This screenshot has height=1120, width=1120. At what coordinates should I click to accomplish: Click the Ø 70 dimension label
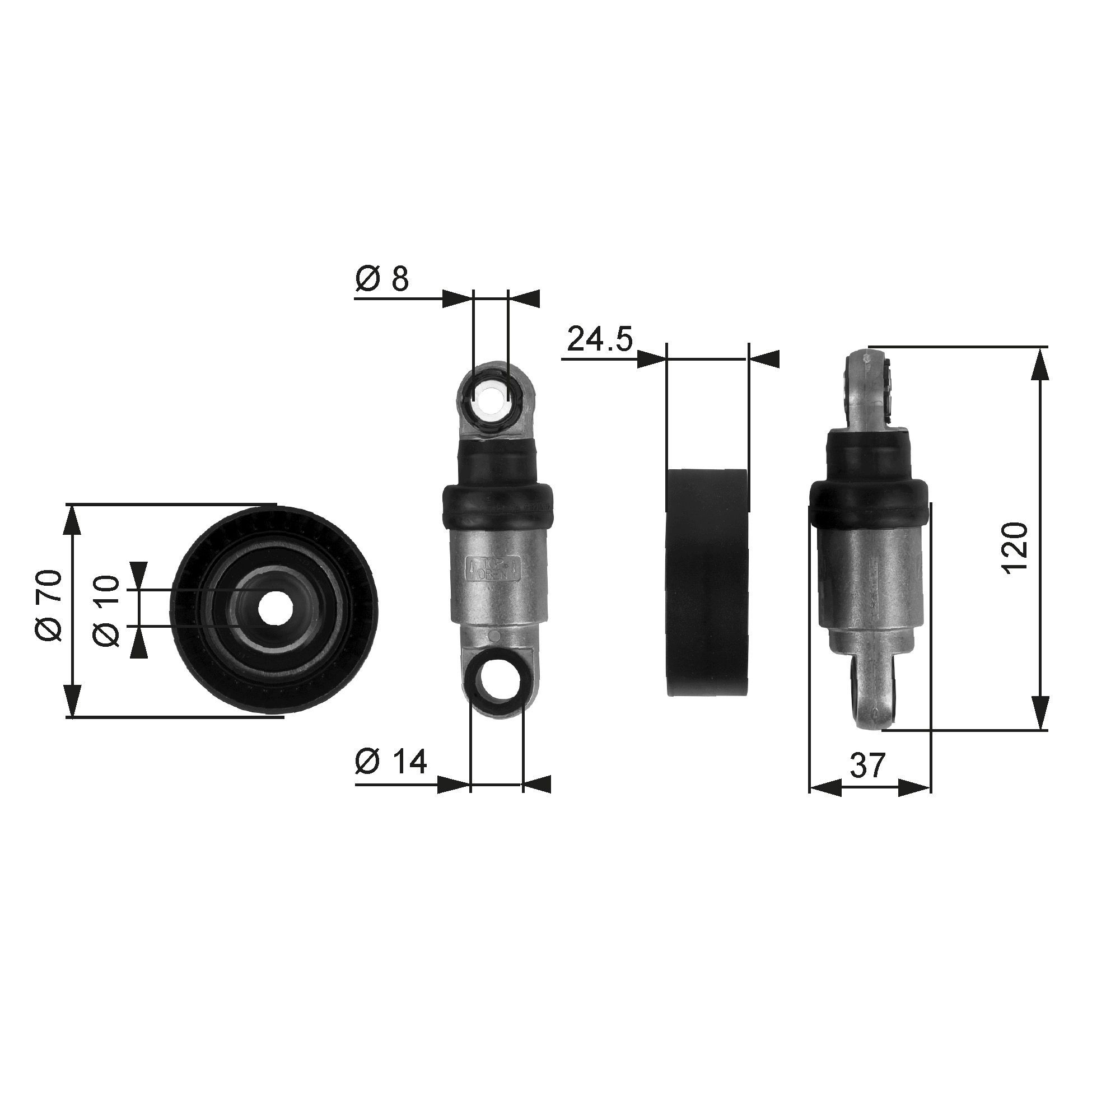click(x=49, y=606)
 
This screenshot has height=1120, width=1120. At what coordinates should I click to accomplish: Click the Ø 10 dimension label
click(x=106, y=610)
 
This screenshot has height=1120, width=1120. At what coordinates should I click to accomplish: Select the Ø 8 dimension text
click(x=382, y=279)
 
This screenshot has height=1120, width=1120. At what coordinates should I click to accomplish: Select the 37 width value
click(x=868, y=765)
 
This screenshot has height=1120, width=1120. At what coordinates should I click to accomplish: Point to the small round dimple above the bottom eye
click(x=494, y=637)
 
